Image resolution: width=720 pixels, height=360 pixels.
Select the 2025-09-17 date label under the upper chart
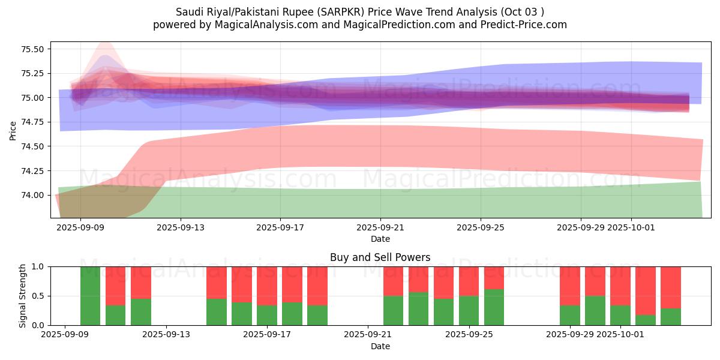coord(280,228)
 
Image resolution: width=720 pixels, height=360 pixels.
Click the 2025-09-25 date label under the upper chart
coord(481,228)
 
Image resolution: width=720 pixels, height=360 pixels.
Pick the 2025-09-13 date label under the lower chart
coord(165,335)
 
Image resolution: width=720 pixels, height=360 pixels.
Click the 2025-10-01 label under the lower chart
coord(631,335)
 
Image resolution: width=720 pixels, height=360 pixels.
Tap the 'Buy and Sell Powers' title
coord(380,257)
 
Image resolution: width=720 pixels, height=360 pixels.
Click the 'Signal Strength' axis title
coord(22,295)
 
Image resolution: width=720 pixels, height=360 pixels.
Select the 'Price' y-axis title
coord(13,130)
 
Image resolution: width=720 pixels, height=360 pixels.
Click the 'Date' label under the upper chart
coord(380,239)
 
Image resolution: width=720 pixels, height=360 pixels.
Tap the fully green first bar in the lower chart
coord(91,296)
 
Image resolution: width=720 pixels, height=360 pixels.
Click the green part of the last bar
coord(671,317)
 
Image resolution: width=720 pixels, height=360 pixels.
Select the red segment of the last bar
coord(671,287)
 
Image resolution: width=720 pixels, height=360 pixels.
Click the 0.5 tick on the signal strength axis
coord(39,296)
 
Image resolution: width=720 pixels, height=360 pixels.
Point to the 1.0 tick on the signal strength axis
coord(39,266)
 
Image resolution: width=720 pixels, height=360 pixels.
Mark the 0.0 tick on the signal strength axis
coord(39,325)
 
